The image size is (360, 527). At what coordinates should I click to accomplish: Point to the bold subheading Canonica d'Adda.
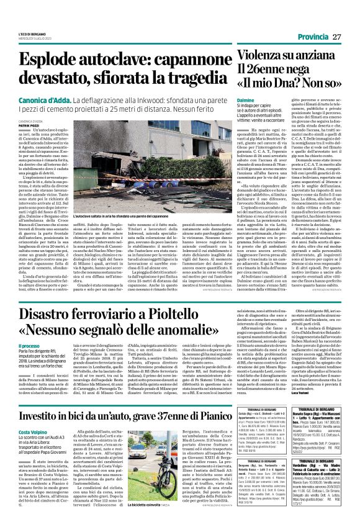43,99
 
